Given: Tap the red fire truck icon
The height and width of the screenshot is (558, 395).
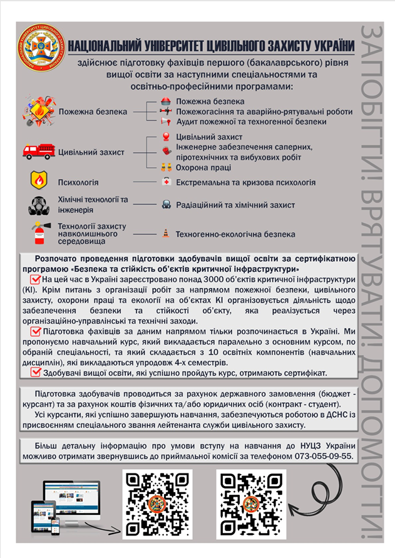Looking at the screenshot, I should coord(38,152).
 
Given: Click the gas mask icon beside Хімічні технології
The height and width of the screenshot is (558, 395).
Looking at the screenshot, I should coord(39,205).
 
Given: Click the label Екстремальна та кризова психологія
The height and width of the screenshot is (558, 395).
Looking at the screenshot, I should coord(245,182).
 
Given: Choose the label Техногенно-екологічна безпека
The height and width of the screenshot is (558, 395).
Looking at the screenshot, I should coord(235,234).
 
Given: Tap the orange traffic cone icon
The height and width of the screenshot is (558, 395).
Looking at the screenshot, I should coord(165,234).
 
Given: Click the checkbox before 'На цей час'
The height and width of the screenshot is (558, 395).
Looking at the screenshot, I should coord(35,279).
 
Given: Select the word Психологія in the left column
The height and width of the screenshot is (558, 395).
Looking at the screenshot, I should coord(78,182).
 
